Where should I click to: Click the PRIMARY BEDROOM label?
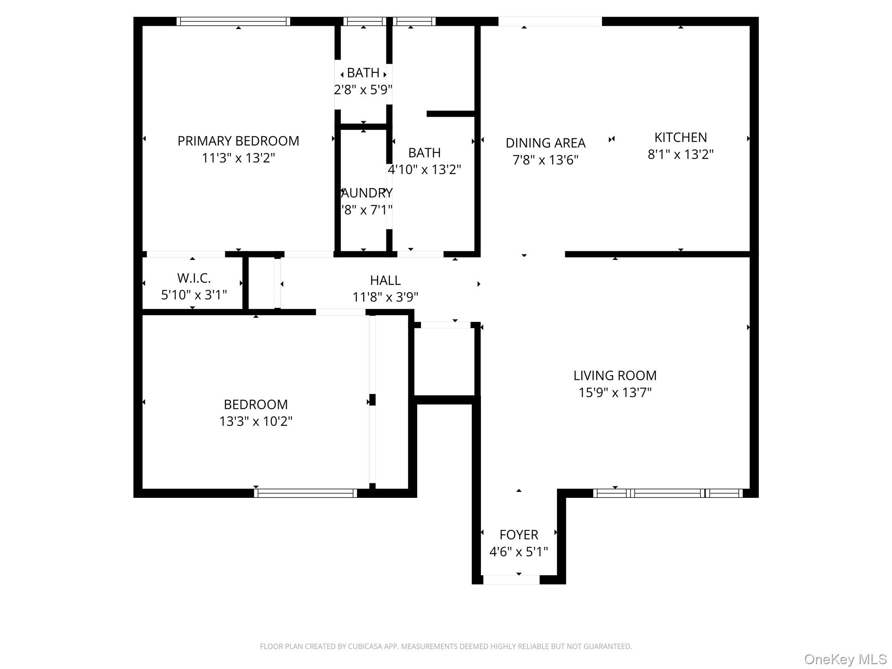click(x=238, y=141)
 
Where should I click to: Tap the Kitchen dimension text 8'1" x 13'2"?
click(x=680, y=155)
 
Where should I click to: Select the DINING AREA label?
click(x=545, y=143)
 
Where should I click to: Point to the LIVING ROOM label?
click(x=615, y=375)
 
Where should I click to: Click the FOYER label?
click(x=518, y=535)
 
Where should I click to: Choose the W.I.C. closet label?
click(x=194, y=278)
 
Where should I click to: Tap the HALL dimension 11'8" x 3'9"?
click(x=385, y=297)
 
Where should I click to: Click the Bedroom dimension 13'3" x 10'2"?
click(x=256, y=422)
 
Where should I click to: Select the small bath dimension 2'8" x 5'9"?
click(x=363, y=90)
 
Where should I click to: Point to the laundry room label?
click(x=367, y=193)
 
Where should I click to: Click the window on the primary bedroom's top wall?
click(x=233, y=21)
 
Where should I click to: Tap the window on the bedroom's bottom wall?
click(x=305, y=493)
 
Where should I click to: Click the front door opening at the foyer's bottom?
click(x=511, y=580)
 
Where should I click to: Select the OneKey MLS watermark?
click(x=845, y=659)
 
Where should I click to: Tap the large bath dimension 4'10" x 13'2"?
click(x=424, y=169)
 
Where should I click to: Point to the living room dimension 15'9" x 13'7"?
click(x=615, y=393)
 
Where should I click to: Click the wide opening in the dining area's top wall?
click(x=550, y=21)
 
